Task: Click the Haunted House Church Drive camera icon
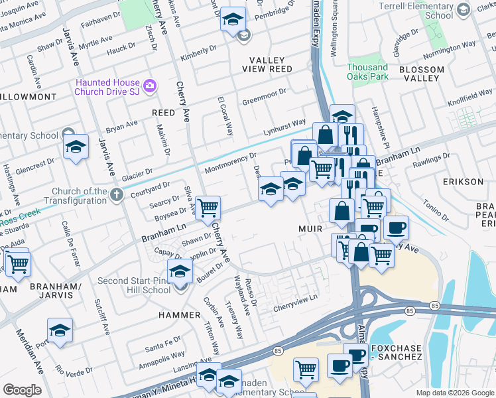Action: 150,86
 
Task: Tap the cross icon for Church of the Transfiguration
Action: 117,194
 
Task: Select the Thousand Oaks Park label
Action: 367,72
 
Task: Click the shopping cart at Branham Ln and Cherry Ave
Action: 208,208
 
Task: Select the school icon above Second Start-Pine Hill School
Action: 180,271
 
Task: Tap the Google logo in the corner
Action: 22,389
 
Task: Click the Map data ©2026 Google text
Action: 454,393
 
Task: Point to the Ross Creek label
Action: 20,216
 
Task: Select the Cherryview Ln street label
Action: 296,298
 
